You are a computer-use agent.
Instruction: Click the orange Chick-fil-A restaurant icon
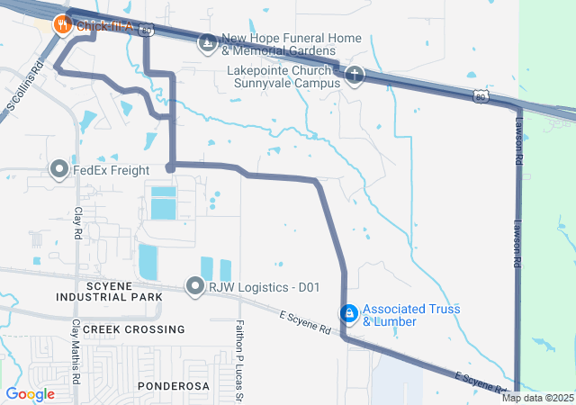(x=62, y=25)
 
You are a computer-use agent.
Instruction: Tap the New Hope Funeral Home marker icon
(x=208, y=42)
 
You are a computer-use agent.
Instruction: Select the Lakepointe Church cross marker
(x=354, y=76)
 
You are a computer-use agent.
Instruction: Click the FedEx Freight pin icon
(x=59, y=169)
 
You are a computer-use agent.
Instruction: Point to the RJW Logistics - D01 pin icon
(x=195, y=287)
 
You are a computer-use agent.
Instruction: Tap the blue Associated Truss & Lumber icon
(x=347, y=312)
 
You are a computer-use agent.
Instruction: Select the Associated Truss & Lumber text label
(x=411, y=314)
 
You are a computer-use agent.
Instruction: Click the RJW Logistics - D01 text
(x=265, y=287)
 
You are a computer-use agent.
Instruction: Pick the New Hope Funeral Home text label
(x=292, y=44)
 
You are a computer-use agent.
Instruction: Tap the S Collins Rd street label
(x=25, y=85)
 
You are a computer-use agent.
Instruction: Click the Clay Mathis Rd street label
(x=76, y=346)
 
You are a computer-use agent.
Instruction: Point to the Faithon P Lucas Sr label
(x=240, y=351)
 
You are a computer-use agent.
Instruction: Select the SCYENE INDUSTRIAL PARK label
(x=109, y=290)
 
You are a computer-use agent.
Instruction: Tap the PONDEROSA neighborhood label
(x=174, y=385)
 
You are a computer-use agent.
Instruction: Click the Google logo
(x=30, y=393)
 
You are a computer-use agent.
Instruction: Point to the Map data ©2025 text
(x=537, y=398)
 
